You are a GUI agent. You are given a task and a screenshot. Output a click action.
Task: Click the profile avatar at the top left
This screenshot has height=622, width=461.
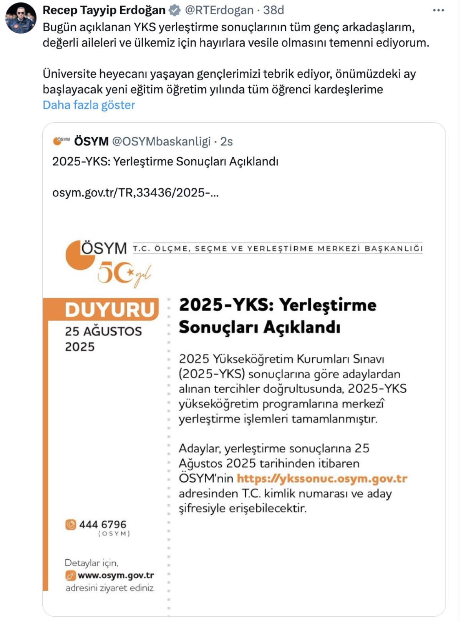[21, 18]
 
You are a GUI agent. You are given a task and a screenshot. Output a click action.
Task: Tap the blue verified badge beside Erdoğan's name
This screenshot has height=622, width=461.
[175, 10]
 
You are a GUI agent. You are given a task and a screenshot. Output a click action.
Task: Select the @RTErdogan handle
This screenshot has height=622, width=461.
[219, 10]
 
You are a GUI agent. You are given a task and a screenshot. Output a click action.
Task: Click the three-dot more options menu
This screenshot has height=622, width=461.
[438, 10]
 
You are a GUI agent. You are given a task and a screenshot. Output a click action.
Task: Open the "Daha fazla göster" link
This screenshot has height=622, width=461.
[89, 105]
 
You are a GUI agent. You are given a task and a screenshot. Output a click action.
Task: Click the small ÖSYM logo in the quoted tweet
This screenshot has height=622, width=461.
[61, 141]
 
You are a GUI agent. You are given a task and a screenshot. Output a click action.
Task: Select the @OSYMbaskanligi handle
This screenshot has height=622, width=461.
[161, 141]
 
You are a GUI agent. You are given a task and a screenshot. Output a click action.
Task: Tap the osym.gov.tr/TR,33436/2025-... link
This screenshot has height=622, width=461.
[135, 192]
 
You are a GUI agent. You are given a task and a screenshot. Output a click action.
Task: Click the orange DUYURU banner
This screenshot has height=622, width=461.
[109, 309]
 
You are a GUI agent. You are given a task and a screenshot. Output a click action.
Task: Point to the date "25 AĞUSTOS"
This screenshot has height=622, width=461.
[103, 331]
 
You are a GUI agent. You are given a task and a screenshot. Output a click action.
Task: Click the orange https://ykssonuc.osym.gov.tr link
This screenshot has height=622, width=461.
[322, 479]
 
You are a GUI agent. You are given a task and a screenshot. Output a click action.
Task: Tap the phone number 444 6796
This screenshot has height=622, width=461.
[103, 524]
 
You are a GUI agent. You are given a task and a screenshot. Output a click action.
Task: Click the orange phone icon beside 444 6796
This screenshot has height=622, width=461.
[71, 524]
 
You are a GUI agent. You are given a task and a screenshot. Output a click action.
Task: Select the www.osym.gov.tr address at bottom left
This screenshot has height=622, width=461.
[116, 575]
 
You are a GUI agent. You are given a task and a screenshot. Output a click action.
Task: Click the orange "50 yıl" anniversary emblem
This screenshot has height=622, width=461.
[123, 274]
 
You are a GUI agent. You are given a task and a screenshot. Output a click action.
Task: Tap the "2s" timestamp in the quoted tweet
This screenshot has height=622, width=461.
[226, 141]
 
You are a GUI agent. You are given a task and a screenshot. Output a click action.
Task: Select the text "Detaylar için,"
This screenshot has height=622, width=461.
[91, 563]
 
